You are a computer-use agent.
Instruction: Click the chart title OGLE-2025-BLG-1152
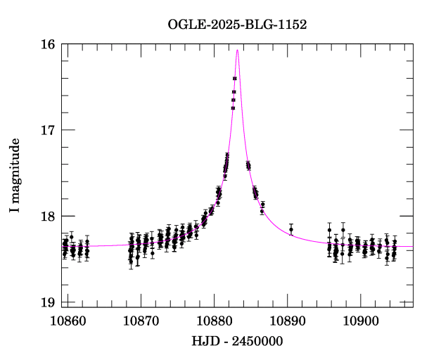click(x=237, y=25)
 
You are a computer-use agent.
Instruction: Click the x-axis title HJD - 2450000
click(x=237, y=341)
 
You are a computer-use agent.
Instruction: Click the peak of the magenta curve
click(x=238, y=50)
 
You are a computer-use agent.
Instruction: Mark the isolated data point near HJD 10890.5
click(x=291, y=229)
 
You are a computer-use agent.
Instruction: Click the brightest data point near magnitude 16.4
click(x=234, y=79)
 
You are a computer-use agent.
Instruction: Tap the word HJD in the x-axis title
click(x=203, y=341)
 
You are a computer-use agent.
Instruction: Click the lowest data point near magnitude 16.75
click(x=233, y=108)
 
